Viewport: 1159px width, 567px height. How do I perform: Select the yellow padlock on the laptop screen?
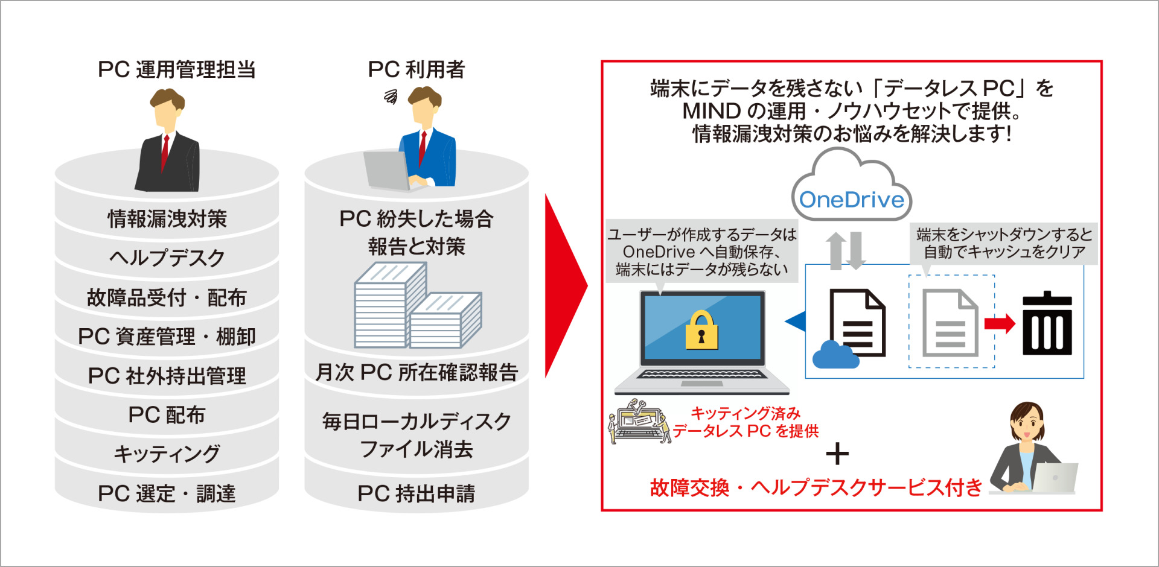(701, 331)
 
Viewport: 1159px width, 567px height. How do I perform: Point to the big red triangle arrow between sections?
(564, 287)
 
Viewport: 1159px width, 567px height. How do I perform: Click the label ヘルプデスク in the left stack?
(167, 258)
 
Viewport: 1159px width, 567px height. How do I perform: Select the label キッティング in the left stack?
(167, 454)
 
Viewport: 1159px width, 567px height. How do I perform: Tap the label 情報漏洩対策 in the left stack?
(167, 218)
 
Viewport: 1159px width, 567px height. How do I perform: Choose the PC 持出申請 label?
(416, 493)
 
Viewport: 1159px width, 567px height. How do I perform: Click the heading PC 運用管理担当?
(176, 70)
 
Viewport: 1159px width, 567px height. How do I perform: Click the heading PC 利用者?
(416, 70)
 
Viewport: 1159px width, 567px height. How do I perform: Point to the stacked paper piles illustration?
(417, 308)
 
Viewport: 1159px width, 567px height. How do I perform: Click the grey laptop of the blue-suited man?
(386, 171)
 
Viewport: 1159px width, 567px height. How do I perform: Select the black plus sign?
(837, 454)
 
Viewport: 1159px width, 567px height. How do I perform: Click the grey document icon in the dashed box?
(950, 323)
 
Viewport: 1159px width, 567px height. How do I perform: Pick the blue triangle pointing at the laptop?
(796, 322)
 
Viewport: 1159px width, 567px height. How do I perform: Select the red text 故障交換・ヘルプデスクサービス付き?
(816, 487)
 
